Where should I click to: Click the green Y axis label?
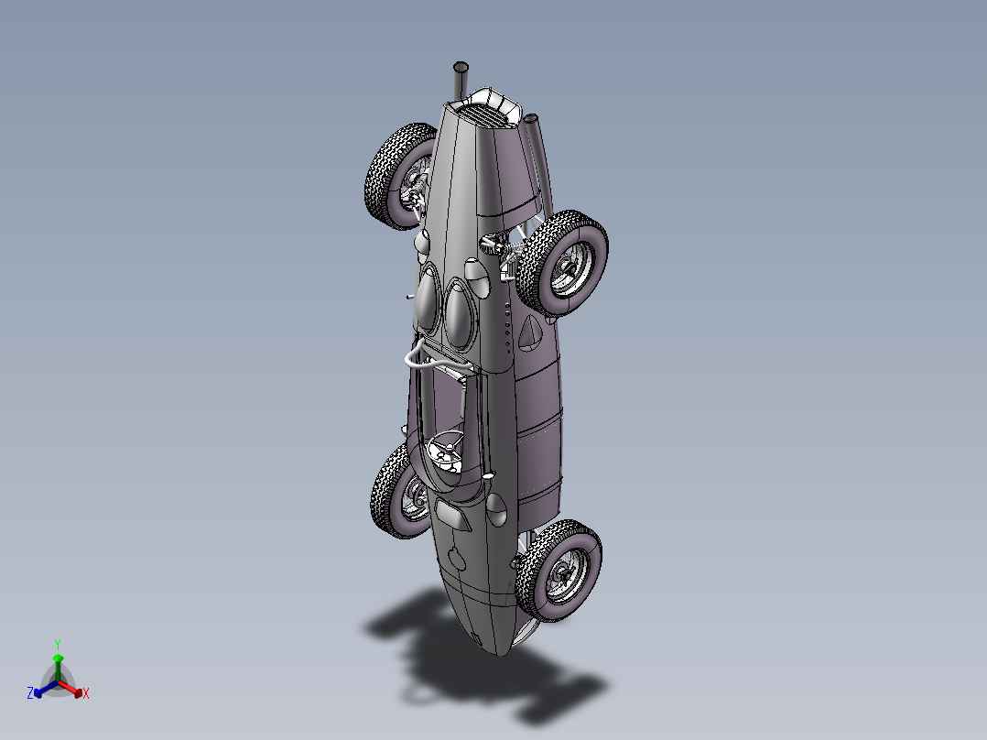58,644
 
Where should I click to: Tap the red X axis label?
86,694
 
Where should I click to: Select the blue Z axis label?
30,693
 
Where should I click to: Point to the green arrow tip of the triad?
58,658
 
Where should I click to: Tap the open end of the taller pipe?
461,68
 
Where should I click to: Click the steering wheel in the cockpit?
447,450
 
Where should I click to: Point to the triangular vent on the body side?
529,334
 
